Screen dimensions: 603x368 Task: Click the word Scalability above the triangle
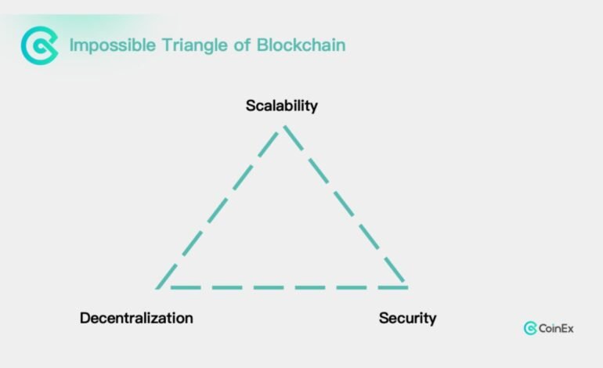(x=282, y=106)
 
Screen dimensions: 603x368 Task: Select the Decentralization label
(x=136, y=318)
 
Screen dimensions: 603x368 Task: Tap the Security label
(x=408, y=319)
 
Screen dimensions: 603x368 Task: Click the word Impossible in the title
(x=113, y=45)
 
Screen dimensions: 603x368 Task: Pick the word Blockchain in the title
(x=301, y=45)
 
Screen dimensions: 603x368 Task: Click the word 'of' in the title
(x=242, y=45)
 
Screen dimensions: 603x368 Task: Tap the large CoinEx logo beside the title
(x=40, y=45)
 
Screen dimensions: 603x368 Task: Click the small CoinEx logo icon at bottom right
(x=530, y=328)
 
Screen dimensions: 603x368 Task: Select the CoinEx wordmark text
(x=556, y=328)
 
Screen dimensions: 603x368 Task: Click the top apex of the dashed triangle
(x=284, y=126)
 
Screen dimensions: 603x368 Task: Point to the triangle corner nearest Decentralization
(x=157, y=287)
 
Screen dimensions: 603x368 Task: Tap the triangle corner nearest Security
(x=406, y=287)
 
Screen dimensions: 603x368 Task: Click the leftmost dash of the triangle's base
(x=186, y=287)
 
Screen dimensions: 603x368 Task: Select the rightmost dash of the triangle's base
(x=392, y=287)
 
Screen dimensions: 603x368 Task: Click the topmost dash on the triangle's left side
(x=268, y=144)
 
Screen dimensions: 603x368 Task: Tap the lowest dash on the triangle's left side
(x=166, y=276)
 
